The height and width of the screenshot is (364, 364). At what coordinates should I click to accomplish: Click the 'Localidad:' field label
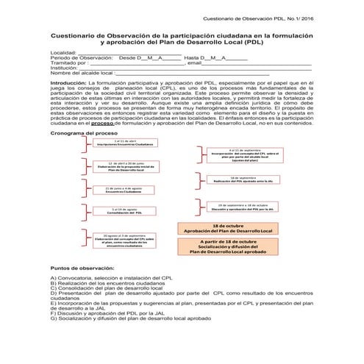(63, 53)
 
